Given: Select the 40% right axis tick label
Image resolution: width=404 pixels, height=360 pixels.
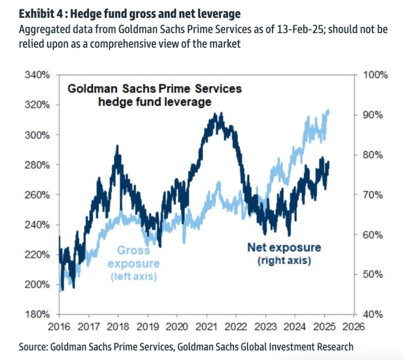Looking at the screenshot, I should (372, 314).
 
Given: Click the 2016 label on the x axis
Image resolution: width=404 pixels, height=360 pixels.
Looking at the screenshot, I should (59, 326).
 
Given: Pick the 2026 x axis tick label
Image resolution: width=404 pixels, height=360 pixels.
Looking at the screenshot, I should (353, 326).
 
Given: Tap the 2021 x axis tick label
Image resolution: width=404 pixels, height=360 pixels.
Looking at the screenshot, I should (206, 326).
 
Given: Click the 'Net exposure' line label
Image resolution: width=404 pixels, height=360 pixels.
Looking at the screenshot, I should (284, 248).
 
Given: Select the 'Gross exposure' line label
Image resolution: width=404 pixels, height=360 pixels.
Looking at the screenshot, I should (134, 257).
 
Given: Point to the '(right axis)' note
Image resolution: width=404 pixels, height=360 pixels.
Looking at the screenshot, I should (284, 261).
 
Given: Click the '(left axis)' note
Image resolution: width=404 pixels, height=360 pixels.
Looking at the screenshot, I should (134, 277).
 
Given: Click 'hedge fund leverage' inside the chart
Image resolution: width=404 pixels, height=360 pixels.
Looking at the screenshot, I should (155, 102).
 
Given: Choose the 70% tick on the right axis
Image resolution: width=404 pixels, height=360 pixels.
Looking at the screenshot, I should (372, 195).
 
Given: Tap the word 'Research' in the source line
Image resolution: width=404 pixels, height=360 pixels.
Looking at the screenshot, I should (332, 347).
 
